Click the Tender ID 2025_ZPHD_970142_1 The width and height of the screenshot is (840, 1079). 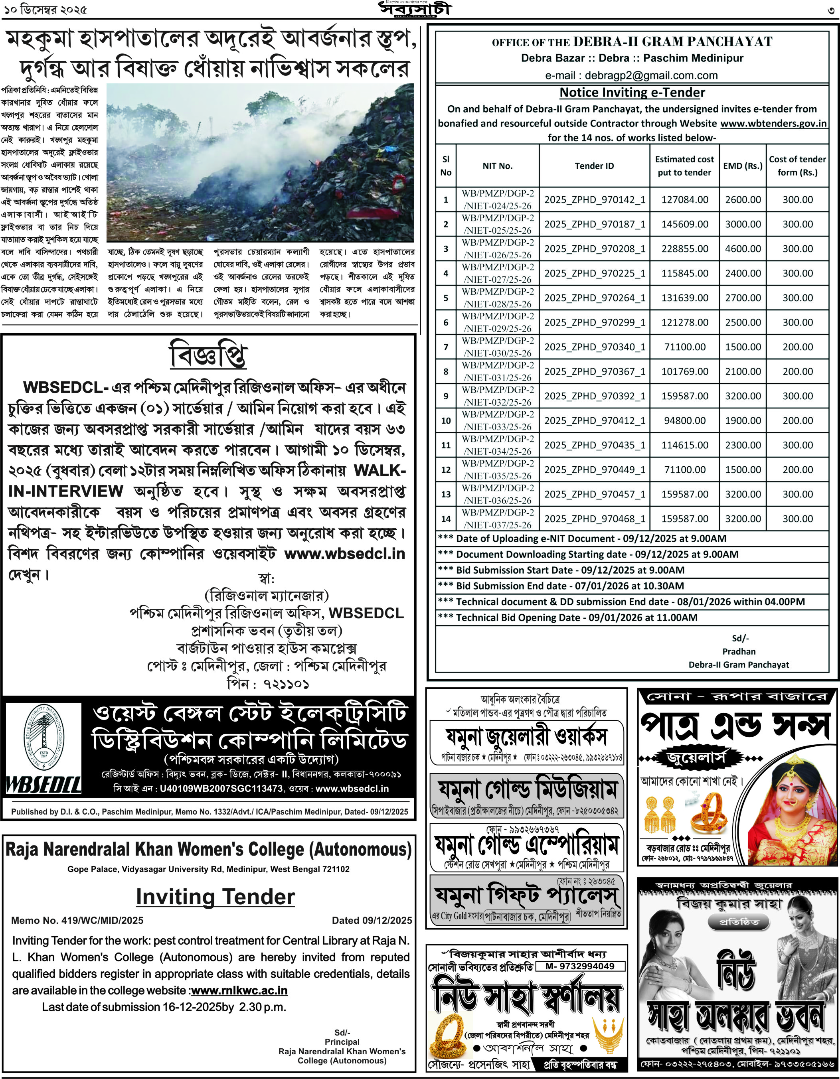(595, 199)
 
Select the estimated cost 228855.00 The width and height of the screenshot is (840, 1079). (684, 249)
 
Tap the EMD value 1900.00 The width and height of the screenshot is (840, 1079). (743, 420)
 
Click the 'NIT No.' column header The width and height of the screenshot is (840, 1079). (497, 166)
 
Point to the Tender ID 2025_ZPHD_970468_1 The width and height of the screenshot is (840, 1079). (595, 519)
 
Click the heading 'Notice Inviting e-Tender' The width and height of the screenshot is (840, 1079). (632, 93)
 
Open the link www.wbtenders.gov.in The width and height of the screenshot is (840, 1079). (773, 124)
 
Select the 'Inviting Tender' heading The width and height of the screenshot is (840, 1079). (215, 897)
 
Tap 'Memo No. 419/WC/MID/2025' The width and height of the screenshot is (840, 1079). (77, 920)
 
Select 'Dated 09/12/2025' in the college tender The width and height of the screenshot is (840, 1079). (372, 920)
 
